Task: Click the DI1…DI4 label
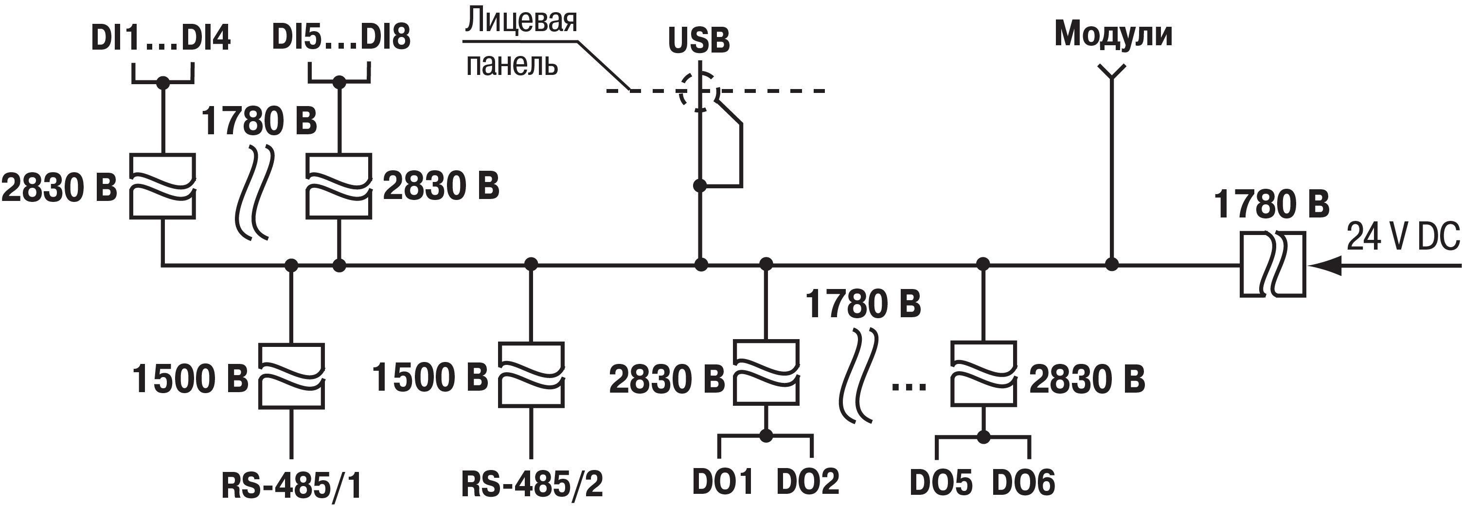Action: point(160,38)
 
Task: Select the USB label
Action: point(698,41)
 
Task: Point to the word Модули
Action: point(1113,34)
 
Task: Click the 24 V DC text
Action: point(1403,237)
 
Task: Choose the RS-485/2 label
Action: point(532,485)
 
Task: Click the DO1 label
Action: point(722,482)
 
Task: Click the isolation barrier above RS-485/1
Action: point(291,376)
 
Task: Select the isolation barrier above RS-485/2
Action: point(531,374)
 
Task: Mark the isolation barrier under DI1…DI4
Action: point(163,186)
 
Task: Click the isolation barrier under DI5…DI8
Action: point(339,186)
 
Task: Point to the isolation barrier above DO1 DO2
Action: point(766,373)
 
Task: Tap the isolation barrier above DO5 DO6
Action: point(983,373)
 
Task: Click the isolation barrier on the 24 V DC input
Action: point(1272,264)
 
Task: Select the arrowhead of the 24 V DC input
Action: point(1327,265)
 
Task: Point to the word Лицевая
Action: point(521,21)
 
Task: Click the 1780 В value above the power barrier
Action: point(1271,205)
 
